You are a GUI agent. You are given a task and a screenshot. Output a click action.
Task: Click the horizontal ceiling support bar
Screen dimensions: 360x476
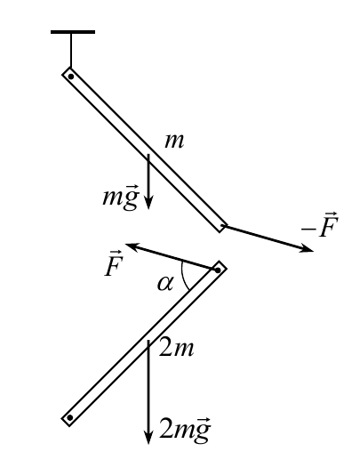[x=73, y=32]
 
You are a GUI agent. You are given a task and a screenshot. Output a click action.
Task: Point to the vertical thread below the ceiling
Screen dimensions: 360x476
[x=71, y=50]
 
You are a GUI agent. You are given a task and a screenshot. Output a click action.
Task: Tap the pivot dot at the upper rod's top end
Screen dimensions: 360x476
[x=71, y=77]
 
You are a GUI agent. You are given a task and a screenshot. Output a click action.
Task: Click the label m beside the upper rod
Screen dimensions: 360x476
[x=174, y=141]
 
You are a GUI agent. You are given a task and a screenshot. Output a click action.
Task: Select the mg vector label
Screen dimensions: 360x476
[x=121, y=198]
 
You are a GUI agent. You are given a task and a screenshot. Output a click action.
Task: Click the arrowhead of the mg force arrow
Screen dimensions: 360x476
[x=148, y=203]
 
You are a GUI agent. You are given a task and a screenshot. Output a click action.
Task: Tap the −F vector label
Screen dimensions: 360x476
[x=320, y=225]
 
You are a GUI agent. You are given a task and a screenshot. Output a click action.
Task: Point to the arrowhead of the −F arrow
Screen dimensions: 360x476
[x=307, y=248]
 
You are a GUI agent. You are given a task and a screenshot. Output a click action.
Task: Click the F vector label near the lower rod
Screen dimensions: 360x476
[x=113, y=263]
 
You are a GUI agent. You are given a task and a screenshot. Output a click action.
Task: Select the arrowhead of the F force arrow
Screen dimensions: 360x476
[x=132, y=246]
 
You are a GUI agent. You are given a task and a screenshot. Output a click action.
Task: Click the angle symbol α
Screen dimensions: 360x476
[x=165, y=284]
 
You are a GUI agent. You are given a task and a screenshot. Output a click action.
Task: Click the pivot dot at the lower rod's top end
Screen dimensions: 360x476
[x=218, y=270]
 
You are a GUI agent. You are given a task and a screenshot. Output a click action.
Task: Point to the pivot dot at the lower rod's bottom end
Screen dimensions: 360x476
[x=70, y=417]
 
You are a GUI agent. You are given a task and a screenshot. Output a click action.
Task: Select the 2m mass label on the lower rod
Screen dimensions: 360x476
[x=176, y=349]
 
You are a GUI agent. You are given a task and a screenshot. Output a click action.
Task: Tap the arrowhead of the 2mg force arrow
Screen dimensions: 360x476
[x=148, y=438]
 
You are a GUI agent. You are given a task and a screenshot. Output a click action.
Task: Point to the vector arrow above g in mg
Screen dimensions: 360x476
[x=132, y=187]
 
